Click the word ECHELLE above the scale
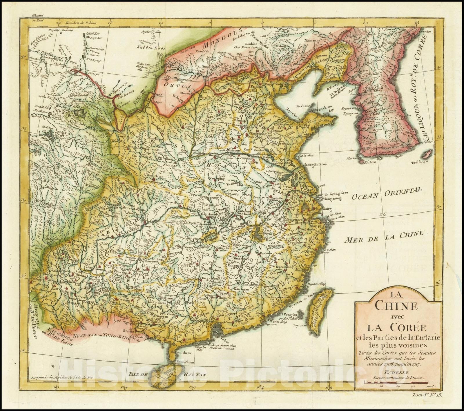coord(394,373)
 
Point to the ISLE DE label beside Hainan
coord(138,374)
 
